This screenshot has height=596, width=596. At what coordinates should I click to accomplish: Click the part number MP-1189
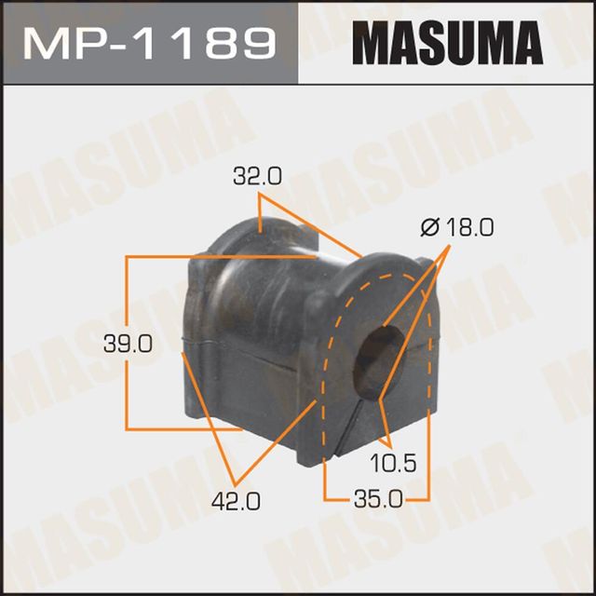[149, 43]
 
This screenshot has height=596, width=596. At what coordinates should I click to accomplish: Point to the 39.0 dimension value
[131, 344]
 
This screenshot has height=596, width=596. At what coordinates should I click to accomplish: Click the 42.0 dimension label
[237, 502]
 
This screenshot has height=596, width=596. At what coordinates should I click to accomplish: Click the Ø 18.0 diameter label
[456, 227]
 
